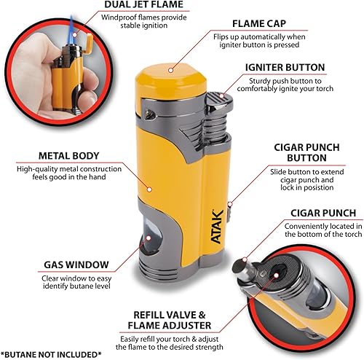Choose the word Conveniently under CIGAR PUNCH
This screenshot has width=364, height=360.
click(293, 226)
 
